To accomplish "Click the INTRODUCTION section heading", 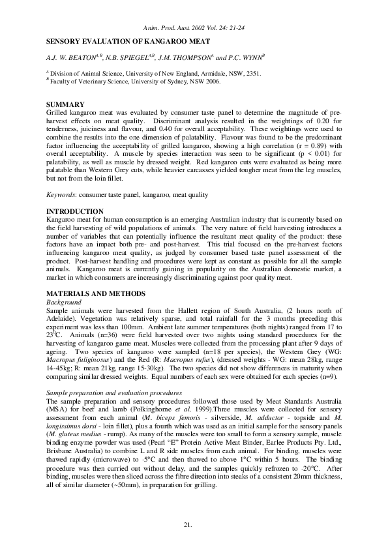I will [x=75, y=211].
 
